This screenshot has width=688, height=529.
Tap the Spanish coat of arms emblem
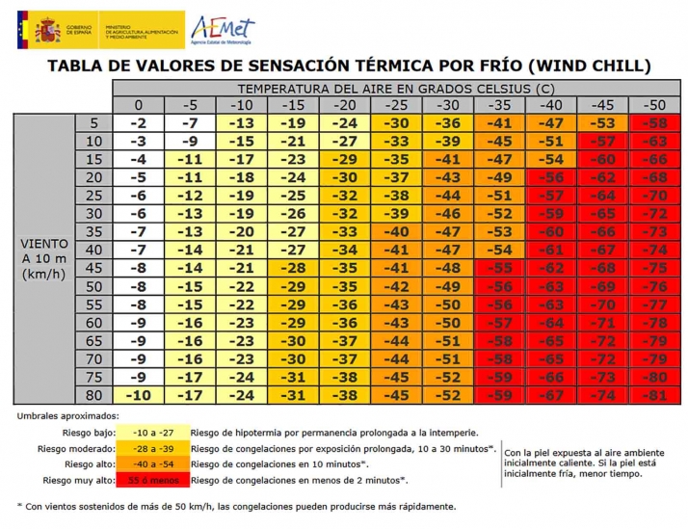pos(47,30)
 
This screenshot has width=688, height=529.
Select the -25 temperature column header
pos(395,105)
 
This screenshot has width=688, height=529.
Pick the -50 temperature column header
pos(655,105)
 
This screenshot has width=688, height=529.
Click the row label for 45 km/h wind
pos(93,269)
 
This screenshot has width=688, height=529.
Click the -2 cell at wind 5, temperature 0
pos(139,123)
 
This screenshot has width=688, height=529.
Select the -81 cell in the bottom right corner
pos(655,394)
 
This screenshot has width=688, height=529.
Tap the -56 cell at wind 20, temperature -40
pos(551,177)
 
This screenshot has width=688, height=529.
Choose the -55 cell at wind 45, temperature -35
pos(499,269)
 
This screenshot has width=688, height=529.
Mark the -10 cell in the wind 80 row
pos(139,394)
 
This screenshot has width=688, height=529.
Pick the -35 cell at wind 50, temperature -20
pos(344,286)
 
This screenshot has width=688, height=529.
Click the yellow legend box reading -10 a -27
pos(150,433)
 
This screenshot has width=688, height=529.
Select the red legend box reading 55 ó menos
pos(150,479)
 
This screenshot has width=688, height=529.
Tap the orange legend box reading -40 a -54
pos(150,463)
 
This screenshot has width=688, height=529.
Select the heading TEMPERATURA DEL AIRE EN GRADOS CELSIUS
pos(396,88)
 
